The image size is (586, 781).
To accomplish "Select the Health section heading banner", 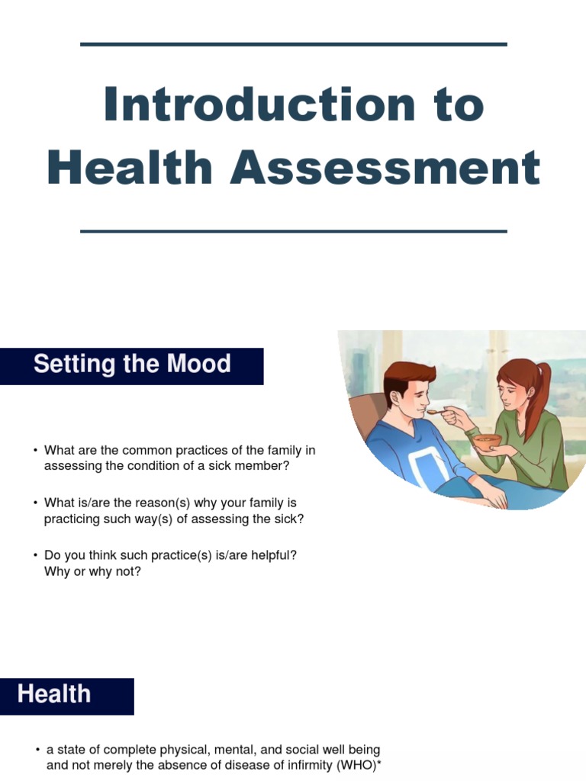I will (66, 695).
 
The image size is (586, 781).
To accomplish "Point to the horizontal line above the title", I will (293, 44).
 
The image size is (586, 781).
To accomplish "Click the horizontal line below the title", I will (293, 230).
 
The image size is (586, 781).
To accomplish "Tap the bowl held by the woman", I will (487, 442).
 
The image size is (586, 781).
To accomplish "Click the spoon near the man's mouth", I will (436, 413).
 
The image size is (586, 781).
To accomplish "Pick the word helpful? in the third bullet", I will (271, 555).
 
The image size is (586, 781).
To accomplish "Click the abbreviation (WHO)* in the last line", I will (355, 765).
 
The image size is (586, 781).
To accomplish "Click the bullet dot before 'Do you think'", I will (35, 555).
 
